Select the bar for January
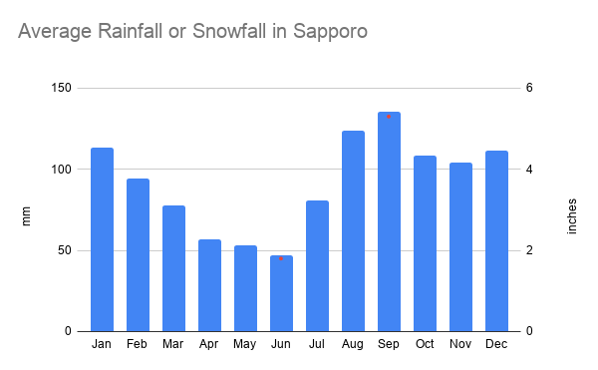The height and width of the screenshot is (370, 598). click(102, 239)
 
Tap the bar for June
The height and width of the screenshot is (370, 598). click(281, 293)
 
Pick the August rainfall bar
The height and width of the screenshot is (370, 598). click(353, 230)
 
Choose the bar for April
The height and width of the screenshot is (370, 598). click(209, 285)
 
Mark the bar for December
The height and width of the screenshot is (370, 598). click(496, 240)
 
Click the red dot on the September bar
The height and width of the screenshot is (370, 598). click(389, 117)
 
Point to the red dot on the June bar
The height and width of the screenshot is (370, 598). click(281, 259)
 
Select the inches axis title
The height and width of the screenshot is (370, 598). click(571, 214)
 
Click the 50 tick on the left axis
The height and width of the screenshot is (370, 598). click(63, 250)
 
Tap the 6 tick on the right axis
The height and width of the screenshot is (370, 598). click(530, 88)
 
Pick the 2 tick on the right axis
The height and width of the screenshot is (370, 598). click(530, 250)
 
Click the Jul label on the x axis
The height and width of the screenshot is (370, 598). click(317, 345)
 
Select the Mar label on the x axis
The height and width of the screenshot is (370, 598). click(173, 345)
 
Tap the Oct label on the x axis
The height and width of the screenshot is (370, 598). click(425, 345)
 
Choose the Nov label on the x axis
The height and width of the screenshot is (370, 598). click(460, 345)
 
